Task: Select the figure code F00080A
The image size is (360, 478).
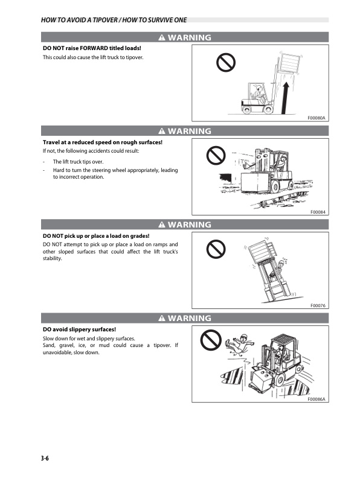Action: point(317,118)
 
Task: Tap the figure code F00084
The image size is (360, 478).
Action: point(318,211)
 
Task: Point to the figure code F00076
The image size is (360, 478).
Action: point(318,305)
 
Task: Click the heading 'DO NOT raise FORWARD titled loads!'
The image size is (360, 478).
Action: point(91,48)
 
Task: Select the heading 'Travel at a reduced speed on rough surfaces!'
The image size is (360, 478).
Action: point(102,142)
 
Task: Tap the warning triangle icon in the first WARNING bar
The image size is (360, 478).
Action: point(162,38)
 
